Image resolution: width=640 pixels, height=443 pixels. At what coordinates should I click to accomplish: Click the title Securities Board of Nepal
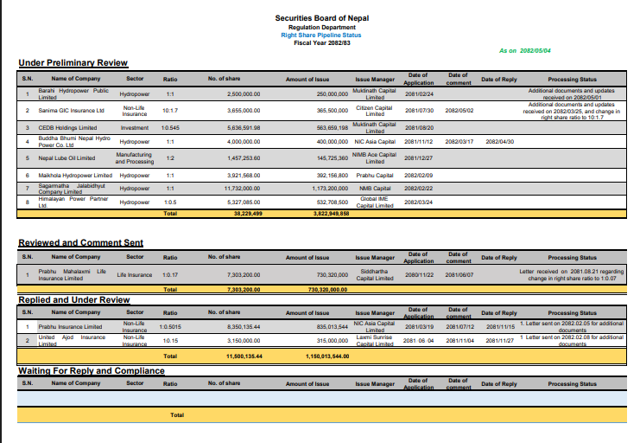320,18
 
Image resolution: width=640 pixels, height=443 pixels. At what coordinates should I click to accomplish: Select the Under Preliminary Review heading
73,63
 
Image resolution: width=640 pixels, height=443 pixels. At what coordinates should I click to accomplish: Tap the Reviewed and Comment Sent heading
81,243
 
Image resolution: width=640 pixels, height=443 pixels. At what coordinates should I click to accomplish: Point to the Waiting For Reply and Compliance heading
92,370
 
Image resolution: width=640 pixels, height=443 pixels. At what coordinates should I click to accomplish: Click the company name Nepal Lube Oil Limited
67,158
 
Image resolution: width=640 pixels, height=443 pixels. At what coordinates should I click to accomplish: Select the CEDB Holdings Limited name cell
67,127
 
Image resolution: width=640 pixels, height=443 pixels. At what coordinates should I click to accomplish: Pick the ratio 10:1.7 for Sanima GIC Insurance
170,111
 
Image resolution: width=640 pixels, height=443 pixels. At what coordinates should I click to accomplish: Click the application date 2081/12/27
419,158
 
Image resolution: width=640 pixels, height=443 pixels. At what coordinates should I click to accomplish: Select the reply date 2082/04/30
499,141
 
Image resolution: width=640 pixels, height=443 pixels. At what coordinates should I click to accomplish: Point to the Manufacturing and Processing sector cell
135,158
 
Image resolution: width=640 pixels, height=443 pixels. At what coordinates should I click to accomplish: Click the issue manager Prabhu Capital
375,175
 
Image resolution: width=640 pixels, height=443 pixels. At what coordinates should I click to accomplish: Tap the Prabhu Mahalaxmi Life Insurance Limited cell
72,275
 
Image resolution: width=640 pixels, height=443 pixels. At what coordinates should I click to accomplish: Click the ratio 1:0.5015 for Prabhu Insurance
170,327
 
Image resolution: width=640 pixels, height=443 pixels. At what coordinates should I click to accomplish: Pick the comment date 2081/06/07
459,275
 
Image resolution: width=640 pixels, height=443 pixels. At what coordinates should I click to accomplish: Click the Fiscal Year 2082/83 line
320,42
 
